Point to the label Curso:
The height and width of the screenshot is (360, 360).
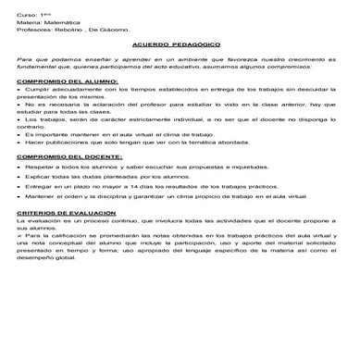point(26,13)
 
